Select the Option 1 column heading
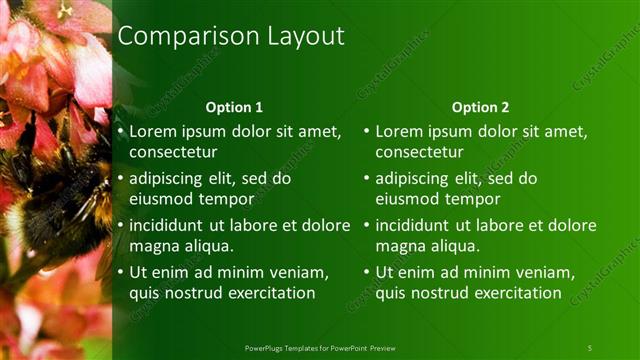[234, 107]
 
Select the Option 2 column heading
[480, 107]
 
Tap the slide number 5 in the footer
[590, 347]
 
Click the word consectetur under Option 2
[419, 152]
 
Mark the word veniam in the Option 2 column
[541, 272]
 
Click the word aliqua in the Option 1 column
[207, 246]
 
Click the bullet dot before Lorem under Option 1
[121, 131]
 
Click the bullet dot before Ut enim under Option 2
[367, 272]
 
